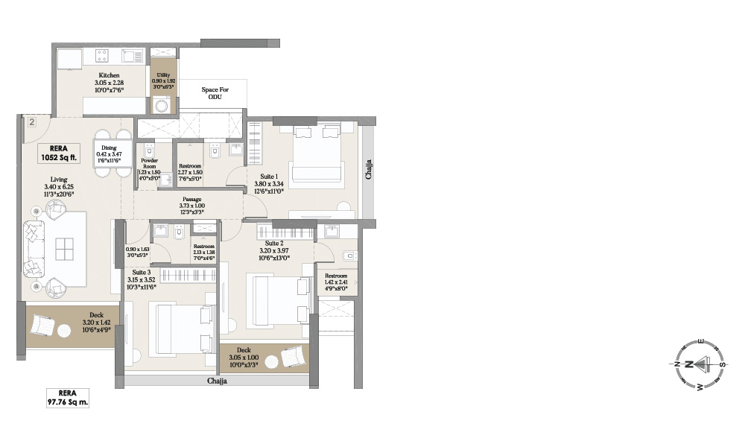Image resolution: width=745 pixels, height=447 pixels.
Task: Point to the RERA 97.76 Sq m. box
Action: coord(68,398)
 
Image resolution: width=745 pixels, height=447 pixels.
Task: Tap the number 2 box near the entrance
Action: coord(32,123)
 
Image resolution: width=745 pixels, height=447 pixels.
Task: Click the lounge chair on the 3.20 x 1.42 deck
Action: coord(44,325)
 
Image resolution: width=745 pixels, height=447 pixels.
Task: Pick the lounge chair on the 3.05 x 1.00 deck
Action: coord(291,358)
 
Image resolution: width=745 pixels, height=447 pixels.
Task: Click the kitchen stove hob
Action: coord(102,55)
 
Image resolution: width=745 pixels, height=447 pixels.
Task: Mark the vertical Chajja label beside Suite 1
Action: coord(368,170)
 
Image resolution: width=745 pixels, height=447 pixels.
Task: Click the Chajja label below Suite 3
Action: coord(217,381)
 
